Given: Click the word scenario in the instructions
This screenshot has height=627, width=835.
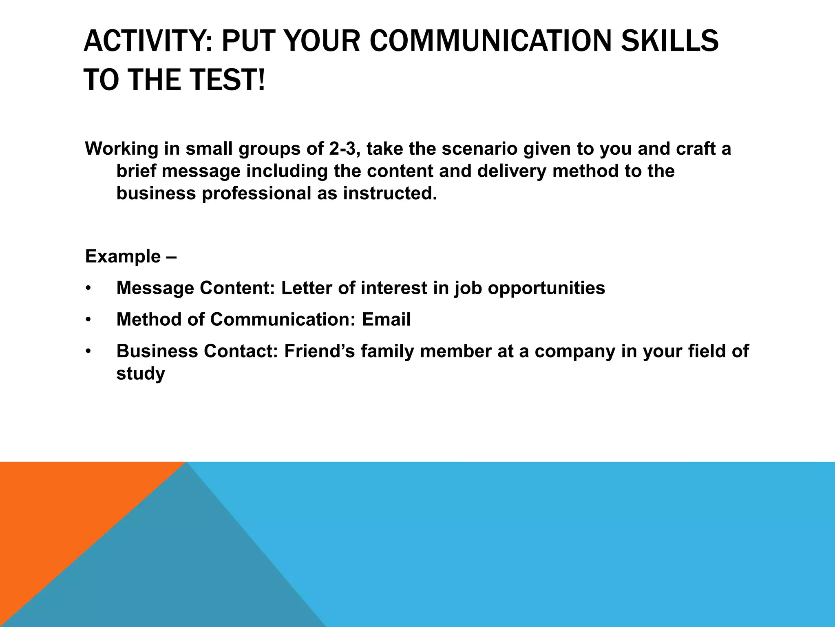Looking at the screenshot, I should [479, 149].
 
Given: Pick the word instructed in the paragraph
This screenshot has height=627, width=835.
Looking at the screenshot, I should [390, 193].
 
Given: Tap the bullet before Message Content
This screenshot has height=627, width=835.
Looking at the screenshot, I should [88, 289].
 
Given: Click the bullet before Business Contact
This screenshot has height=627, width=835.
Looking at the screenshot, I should [88, 351].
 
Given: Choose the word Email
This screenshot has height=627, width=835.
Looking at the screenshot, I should [386, 320].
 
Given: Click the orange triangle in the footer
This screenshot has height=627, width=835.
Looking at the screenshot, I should [61, 510].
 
